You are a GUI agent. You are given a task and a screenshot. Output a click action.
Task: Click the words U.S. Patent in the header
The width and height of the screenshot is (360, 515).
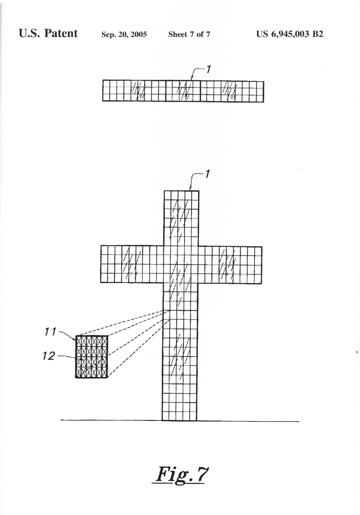[48, 33]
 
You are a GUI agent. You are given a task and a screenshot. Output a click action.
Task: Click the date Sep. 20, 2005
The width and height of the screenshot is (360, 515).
[124, 34]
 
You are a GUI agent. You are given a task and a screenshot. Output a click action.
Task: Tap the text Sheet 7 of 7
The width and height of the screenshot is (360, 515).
[189, 34]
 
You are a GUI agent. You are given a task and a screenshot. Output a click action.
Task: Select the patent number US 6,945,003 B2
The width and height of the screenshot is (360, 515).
[290, 34]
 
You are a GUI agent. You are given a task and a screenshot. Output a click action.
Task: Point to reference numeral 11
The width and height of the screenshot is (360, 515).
[51, 332]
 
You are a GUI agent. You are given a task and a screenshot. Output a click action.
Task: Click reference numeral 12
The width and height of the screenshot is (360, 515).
[49, 355]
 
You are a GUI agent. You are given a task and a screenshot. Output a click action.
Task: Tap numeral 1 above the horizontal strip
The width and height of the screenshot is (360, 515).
[208, 69]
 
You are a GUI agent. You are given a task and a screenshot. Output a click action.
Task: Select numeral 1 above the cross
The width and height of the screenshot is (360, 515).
[207, 174]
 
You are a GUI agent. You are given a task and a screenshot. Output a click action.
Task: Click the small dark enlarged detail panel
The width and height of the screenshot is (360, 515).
[92, 357]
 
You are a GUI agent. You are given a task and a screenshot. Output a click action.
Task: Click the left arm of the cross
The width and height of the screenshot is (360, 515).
[132, 264]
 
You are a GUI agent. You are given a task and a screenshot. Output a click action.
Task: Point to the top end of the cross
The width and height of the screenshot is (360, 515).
[182, 191]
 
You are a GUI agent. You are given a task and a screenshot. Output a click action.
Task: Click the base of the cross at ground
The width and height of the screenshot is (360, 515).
[179, 420]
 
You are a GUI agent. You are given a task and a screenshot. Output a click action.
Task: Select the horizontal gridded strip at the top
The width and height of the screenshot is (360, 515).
[183, 91]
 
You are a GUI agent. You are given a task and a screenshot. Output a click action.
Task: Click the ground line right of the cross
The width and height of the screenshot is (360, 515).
[248, 421]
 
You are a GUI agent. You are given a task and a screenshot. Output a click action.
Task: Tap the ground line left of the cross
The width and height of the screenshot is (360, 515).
[111, 420]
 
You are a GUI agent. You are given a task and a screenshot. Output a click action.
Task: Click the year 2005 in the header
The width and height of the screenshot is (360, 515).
[139, 34]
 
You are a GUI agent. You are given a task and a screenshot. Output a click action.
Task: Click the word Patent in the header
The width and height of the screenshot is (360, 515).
[61, 33]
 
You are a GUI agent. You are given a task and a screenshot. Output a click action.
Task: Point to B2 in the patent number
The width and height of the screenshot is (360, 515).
[318, 34]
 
